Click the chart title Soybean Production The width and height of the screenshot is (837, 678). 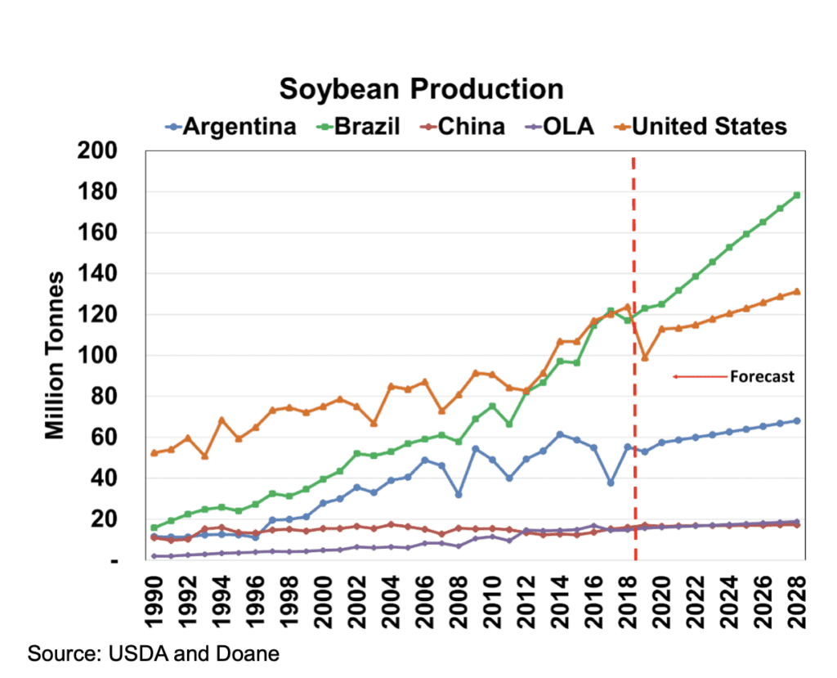421,89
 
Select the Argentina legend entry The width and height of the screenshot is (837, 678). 230,126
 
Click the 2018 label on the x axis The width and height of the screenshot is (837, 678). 627,599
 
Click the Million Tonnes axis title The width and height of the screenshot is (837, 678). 55,355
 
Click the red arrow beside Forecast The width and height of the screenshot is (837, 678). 699,377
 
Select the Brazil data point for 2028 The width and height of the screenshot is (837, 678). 796,195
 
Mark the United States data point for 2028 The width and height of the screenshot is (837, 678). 796,291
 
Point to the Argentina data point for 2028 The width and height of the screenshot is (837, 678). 796,421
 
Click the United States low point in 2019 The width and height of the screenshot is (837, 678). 644,357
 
